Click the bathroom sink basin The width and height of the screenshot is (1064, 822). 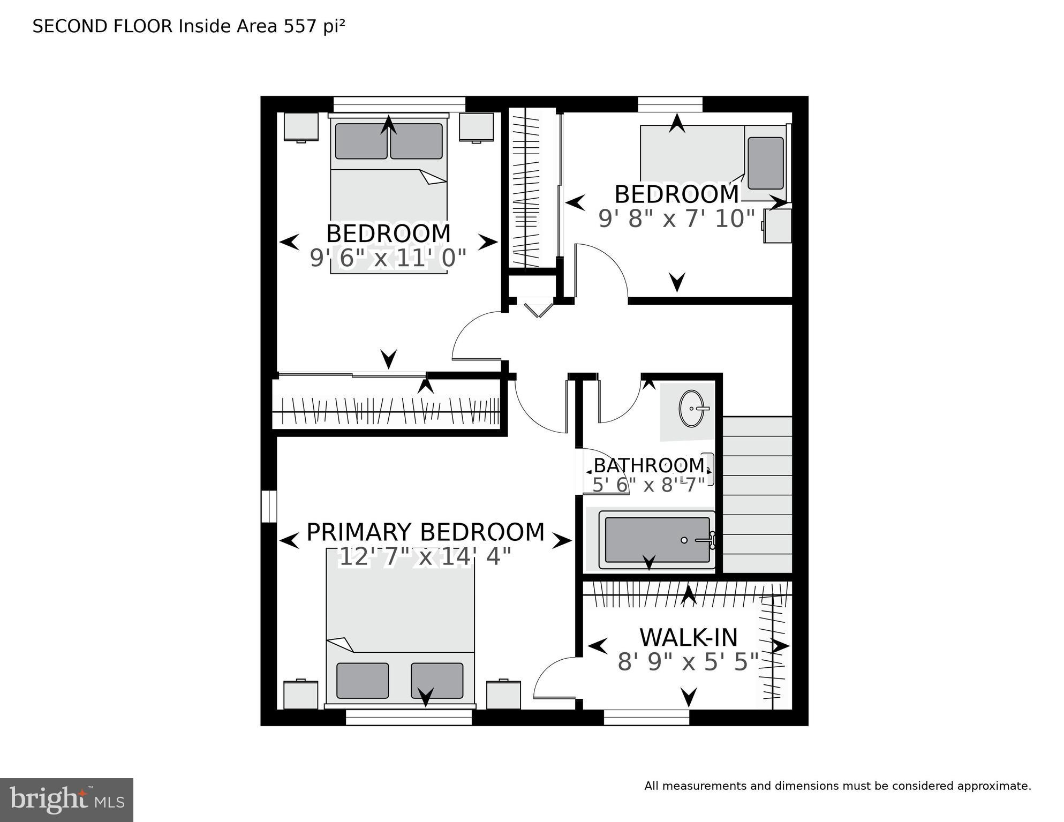(x=692, y=409)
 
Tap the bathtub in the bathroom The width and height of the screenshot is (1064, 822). (x=657, y=540)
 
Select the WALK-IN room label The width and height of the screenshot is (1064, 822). (x=689, y=638)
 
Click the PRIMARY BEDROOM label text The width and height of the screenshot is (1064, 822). (x=425, y=532)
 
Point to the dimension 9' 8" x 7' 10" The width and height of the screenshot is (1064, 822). (x=676, y=218)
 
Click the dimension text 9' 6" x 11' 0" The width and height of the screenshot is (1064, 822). (x=388, y=259)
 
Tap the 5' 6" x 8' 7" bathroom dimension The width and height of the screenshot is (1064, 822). (x=648, y=485)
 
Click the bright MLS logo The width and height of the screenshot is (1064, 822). (x=66, y=800)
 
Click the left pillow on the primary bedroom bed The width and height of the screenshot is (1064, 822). (x=363, y=680)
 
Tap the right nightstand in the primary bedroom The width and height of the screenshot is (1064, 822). (x=503, y=695)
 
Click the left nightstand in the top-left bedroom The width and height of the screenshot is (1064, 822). (x=301, y=127)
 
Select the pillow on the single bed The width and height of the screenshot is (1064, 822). (x=765, y=163)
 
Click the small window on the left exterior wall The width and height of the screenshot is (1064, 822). (x=269, y=506)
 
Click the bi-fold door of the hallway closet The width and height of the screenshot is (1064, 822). (x=538, y=309)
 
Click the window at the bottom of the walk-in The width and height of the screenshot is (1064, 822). (x=646, y=718)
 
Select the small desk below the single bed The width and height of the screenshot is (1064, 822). (x=778, y=225)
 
